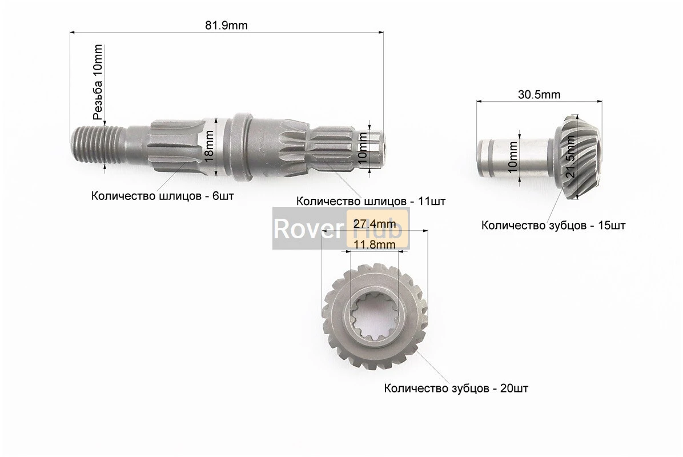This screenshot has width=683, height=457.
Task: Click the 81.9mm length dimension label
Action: tap(226, 25)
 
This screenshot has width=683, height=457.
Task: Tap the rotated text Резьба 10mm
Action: tap(98, 82)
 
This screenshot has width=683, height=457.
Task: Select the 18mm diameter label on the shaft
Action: tap(210, 147)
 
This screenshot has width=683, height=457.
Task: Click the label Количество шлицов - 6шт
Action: tap(162, 196)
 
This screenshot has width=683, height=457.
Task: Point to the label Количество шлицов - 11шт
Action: tap(371, 201)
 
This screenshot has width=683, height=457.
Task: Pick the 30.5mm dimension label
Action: tap(539, 94)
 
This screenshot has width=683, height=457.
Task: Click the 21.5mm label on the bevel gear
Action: tap(570, 156)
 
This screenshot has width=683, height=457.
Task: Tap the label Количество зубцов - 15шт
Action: tap(553, 226)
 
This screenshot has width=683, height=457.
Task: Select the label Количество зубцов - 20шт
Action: tap(456, 388)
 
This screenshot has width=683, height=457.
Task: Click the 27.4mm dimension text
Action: tap(375, 224)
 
